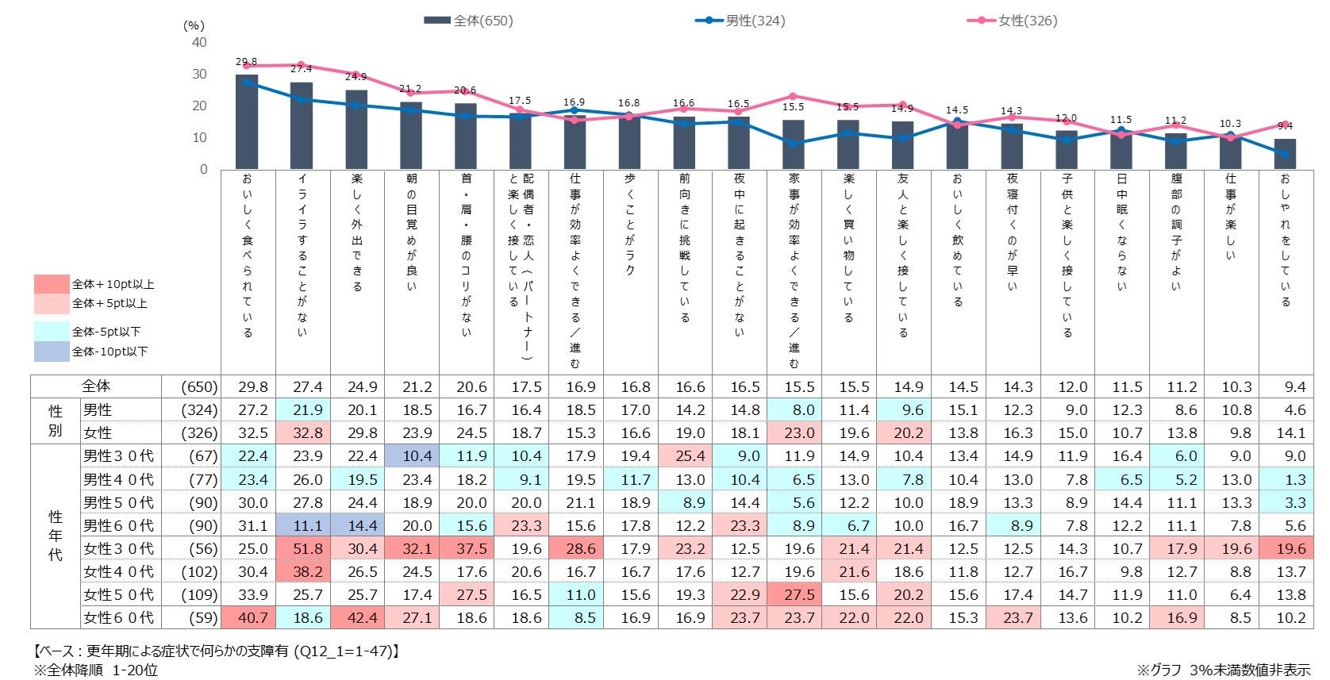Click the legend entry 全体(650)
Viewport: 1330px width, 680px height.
point(469,21)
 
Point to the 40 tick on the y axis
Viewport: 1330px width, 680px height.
point(199,43)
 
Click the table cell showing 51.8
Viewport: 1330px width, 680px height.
point(307,548)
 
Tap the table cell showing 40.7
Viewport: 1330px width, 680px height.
point(252,617)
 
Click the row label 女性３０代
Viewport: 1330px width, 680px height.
point(118,548)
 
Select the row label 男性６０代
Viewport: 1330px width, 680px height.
point(118,525)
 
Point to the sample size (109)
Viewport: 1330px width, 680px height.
point(198,594)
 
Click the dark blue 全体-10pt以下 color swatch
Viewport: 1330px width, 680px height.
point(52,352)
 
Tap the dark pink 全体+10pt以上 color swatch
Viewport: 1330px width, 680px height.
point(52,284)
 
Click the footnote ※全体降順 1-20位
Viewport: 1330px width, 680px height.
point(96,670)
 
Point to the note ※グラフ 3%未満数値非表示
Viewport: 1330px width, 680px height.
point(1223,670)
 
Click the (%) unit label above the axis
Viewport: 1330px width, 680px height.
point(194,25)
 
